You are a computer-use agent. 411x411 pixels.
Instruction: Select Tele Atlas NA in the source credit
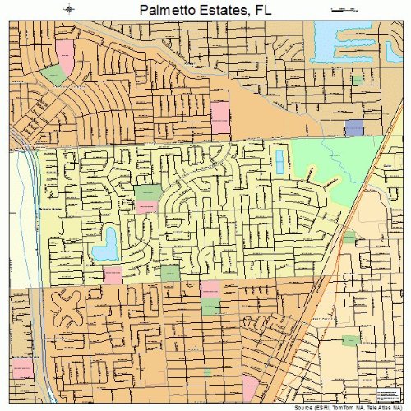(x=381, y=406)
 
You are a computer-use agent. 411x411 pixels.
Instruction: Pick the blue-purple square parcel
(x=353, y=127)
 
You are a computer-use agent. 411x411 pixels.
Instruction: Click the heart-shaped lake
(x=106, y=243)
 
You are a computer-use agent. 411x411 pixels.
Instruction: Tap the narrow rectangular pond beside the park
(x=279, y=161)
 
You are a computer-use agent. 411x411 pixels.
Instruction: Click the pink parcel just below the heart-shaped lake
(x=112, y=273)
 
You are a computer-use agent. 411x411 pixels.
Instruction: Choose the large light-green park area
(x=325, y=169)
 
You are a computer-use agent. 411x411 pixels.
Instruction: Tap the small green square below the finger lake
(x=357, y=80)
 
